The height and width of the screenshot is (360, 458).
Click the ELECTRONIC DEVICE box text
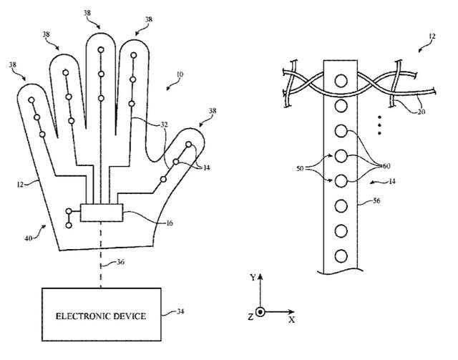[x=101, y=316]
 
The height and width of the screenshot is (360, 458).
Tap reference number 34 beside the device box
[x=180, y=311]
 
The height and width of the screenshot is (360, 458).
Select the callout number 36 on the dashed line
[x=120, y=262]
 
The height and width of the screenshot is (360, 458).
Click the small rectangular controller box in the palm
[x=102, y=213]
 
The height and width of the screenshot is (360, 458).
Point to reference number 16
[x=170, y=223]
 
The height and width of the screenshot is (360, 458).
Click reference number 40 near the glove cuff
[x=29, y=238]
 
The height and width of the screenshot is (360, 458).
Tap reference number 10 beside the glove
[x=180, y=74]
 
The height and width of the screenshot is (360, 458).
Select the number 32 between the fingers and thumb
[x=164, y=125]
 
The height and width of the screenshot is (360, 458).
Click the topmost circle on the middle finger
[x=101, y=49]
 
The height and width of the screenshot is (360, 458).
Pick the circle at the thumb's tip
[x=189, y=145]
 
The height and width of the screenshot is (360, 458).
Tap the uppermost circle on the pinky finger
[x=31, y=100]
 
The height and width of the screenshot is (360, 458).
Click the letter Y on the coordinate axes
[x=253, y=277]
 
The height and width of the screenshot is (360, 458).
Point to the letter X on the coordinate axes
[x=291, y=320]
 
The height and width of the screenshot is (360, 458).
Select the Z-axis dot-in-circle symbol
[x=260, y=312]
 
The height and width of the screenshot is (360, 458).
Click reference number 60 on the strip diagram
[x=386, y=166]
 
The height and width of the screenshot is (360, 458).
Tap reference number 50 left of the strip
[x=300, y=169]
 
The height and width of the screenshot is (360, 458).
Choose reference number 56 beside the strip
[x=376, y=200]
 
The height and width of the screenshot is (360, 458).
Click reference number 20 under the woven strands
[x=421, y=112]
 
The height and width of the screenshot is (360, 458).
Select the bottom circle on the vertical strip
[x=341, y=256]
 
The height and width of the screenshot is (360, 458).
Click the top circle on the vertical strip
[x=341, y=81]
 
